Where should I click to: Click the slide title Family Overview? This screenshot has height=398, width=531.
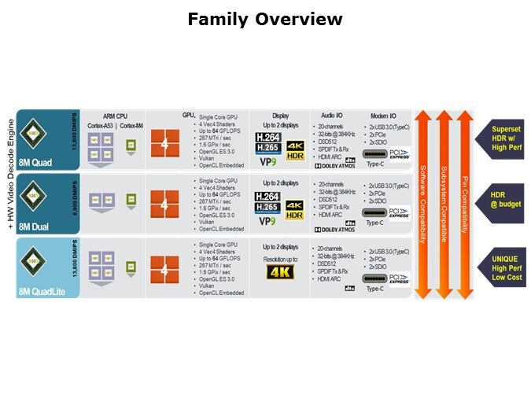(x=265, y=19)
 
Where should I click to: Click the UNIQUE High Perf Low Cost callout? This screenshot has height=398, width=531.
(x=501, y=267)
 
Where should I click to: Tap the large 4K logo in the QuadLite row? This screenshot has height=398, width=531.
(x=280, y=272)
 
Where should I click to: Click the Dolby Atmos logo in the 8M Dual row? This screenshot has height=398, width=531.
(x=334, y=230)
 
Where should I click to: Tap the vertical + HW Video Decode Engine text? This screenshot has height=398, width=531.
(x=10, y=172)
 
